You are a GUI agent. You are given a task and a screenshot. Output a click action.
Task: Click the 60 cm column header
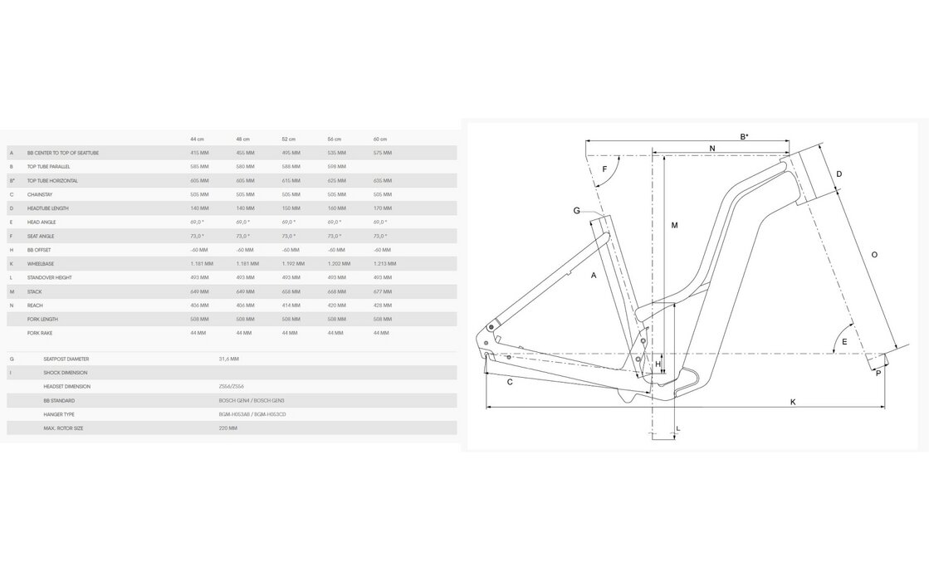tap(380, 139)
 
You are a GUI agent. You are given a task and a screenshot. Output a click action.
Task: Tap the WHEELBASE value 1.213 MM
tap(385, 263)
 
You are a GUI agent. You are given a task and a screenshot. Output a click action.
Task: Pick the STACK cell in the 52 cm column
tap(291, 291)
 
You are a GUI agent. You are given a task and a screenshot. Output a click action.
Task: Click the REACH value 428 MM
tap(382, 306)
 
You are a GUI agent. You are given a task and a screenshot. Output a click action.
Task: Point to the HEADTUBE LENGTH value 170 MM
tap(382, 208)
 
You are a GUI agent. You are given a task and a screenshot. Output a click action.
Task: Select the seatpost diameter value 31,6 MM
tap(228, 359)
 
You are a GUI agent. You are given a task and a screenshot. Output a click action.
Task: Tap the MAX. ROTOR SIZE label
tap(63, 428)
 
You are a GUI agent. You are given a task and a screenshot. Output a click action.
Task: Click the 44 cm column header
tap(198, 139)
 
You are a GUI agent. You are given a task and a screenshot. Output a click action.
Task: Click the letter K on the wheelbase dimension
tap(793, 402)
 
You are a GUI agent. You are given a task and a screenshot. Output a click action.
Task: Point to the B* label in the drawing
tap(745, 136)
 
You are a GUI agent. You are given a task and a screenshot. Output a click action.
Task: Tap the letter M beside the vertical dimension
tap(675, 225)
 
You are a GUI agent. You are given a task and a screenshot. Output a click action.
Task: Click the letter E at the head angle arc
tap(844, 341)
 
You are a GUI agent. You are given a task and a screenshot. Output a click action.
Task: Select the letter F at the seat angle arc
tap(604, 169)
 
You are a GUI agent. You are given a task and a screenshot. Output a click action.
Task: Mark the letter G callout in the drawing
tap(576, 211)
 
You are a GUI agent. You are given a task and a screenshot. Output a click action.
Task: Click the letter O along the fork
tap(874, 255)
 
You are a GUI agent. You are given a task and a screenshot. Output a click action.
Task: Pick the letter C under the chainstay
tap(510, 382)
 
